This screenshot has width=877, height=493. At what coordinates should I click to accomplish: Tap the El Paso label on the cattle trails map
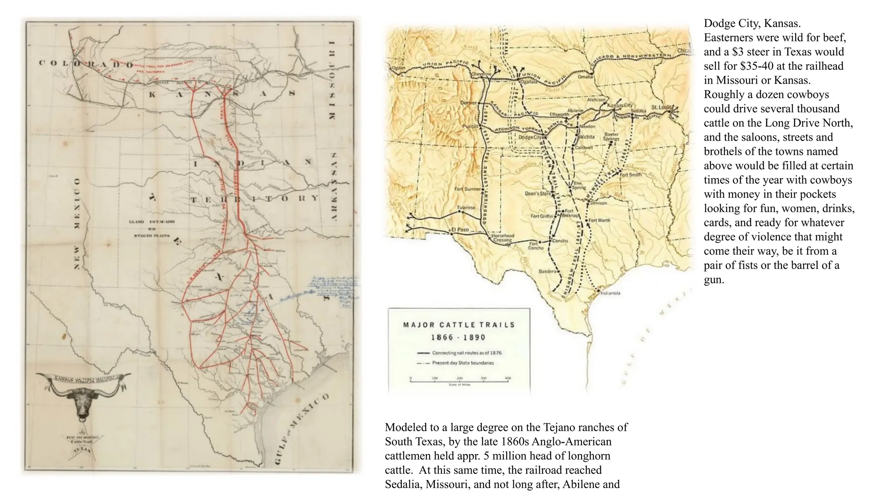(460, 230)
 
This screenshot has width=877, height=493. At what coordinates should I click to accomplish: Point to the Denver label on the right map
(468, 103)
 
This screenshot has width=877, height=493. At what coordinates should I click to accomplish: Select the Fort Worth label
(600, 220)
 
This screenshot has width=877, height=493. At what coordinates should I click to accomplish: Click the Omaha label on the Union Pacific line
(585, 77)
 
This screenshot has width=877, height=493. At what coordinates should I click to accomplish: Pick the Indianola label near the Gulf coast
(610, 293)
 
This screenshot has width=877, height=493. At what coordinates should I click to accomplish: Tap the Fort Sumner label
(468, 189)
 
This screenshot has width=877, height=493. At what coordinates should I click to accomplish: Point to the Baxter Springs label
(611, 137)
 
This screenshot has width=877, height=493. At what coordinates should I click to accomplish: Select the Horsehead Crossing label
(502, 238)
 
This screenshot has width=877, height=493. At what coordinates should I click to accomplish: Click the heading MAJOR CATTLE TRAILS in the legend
(459, 325)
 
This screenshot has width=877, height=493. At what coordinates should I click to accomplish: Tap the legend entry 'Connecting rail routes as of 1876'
(467, 353)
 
